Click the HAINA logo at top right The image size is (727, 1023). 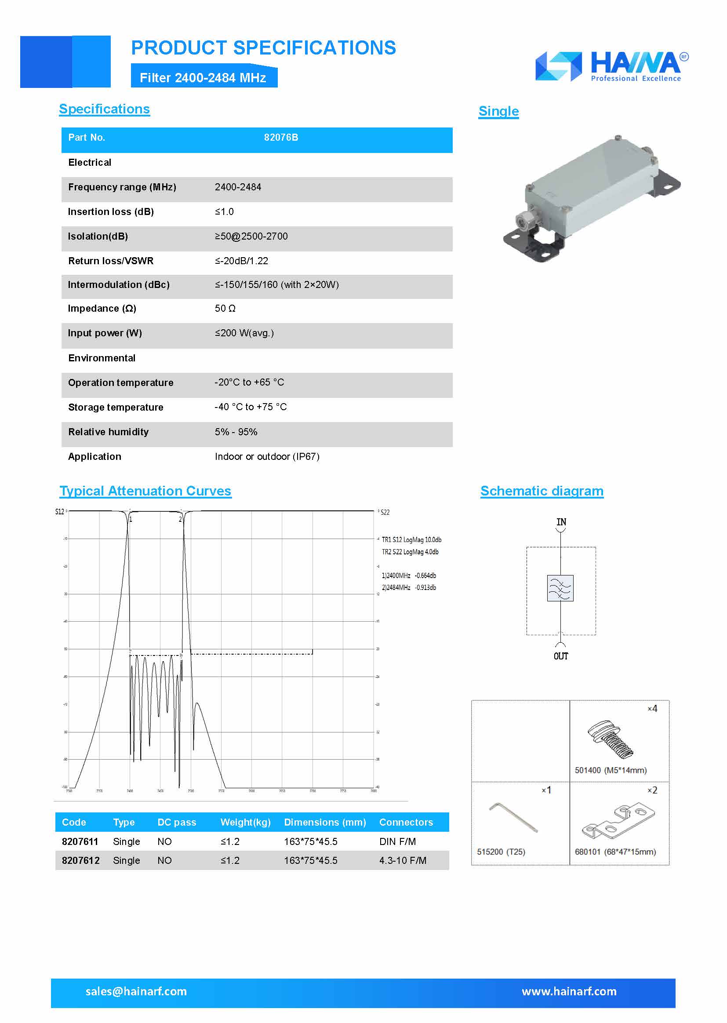[x=611, y=66]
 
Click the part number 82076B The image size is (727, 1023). [x=281, y=138]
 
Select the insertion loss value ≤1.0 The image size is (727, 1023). [x=224, y=212]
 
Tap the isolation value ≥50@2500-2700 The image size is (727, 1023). [x=251, y=237]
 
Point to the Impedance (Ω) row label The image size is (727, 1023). [x=102, y=309]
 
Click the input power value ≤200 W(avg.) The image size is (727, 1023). [x=244, y=333]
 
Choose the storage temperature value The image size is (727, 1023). [x=251, y=407]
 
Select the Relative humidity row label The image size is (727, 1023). [x=108, y=432]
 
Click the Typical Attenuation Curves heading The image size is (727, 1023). [x=145, y=491]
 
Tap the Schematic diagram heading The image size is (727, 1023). [x=542, y=491]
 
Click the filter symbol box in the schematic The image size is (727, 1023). [x=560, y=588]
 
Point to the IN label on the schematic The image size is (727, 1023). [x=561, y=522]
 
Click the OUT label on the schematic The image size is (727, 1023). [x=560, y=656]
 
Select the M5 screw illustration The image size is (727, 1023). [x=610, y=738]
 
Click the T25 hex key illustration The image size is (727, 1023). [x=513, y=818]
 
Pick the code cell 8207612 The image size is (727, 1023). [x=80, y=860]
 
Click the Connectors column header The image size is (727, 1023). [x=406, y=823]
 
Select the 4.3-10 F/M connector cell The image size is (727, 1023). [x=403, y=860]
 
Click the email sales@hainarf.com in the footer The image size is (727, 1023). [x=136, y=992]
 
